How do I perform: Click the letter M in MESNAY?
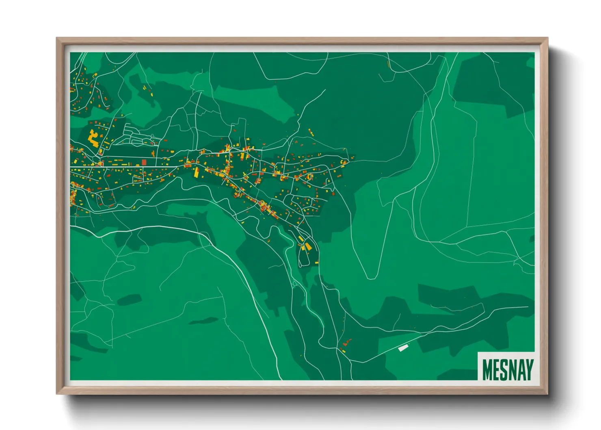488,370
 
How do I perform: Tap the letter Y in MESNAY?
529,370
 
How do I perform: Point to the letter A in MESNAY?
521,370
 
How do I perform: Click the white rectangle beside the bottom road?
403,347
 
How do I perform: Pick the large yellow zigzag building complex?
93,138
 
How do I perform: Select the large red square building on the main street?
144,162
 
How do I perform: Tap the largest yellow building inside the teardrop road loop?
308,246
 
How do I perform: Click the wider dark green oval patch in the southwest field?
129,300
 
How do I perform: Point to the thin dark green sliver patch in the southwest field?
203,321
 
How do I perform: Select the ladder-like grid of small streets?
136,136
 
